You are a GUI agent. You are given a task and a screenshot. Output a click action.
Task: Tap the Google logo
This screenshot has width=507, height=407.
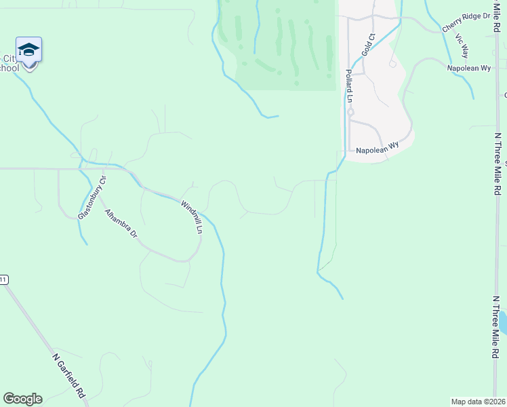[x=22, y=399]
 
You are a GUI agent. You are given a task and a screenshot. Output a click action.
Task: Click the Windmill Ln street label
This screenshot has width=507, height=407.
[x=191, y=216]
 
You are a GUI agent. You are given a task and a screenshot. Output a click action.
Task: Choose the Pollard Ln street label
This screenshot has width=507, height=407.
[x=349, y=85]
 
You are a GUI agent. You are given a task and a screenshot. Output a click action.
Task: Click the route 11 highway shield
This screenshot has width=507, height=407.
[x=3, y=279]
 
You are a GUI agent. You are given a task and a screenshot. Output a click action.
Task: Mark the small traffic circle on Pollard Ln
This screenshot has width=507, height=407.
[x=350, y=112]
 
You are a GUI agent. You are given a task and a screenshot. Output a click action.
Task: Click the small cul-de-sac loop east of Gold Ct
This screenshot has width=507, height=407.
[x=393, y=63]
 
